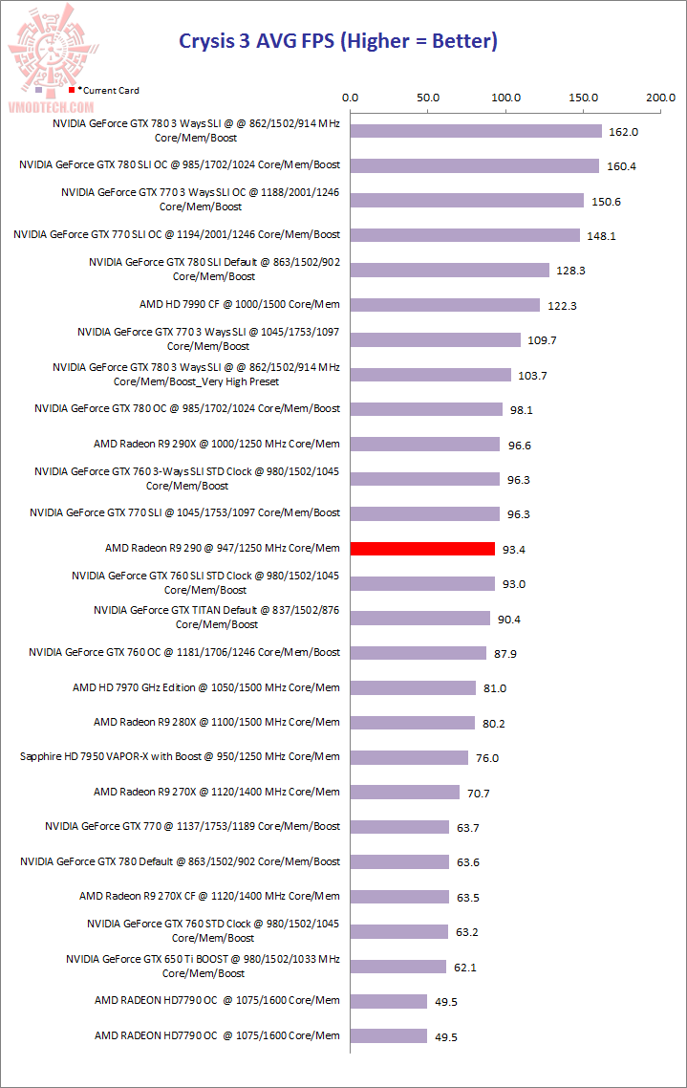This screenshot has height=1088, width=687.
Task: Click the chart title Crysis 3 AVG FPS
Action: point(339,41)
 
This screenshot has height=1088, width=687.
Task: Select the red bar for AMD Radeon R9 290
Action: point(422,549)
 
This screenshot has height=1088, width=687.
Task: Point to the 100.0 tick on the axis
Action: point(505,98)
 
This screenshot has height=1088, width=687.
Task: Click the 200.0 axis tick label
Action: point(660,98)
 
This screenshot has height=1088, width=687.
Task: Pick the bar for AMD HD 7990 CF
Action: point(445,305)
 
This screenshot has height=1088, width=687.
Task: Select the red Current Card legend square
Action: point(72,90)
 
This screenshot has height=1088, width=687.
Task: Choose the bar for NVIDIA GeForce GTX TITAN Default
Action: point(420,619)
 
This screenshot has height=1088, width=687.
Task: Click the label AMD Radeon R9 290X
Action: point(217,444)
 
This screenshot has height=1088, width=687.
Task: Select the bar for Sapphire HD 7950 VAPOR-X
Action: point(409,757)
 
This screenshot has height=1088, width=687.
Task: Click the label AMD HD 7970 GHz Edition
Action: point(206,687)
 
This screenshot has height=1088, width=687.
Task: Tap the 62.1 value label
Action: point(465,968)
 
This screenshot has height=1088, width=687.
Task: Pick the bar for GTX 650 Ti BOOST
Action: point(398,967)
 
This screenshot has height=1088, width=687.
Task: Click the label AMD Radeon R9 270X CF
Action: point(209,896)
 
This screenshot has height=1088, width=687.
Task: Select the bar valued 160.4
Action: point(475,166)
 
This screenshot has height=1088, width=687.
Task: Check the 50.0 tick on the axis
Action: point(428,98)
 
